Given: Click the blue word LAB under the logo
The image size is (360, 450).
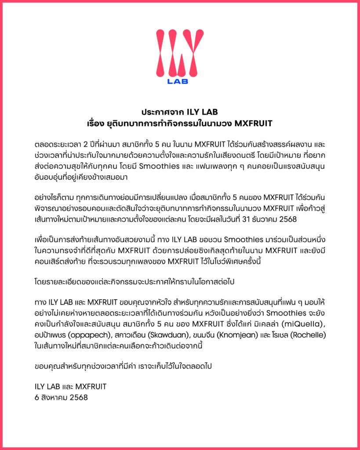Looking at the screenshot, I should (178, 81).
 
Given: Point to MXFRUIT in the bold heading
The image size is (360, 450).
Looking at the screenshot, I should (254, 123).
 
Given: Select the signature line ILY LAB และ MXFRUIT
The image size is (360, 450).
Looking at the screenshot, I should (70, 387).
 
